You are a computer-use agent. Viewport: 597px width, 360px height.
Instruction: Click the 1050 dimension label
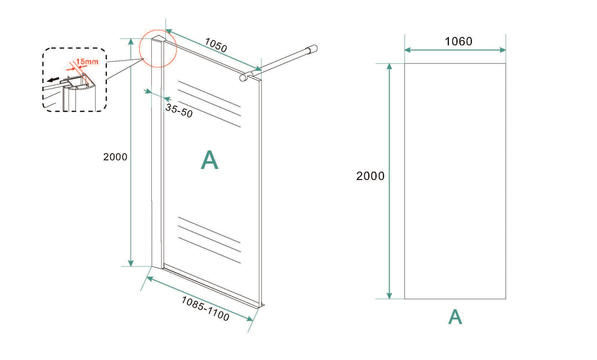216,45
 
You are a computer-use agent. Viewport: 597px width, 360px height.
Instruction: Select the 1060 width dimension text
459,41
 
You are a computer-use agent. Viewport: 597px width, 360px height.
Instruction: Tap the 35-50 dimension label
179,111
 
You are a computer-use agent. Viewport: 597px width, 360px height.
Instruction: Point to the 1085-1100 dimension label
205,309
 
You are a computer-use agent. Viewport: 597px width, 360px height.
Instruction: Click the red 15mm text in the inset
87,62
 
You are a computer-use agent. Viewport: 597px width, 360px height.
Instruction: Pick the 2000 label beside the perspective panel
115,157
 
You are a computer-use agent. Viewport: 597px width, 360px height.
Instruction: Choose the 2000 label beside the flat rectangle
370,176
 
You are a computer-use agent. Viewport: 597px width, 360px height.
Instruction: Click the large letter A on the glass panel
209,160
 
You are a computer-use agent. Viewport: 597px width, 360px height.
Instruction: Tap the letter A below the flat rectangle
455,317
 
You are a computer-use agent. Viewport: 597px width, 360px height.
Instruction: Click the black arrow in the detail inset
54,80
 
